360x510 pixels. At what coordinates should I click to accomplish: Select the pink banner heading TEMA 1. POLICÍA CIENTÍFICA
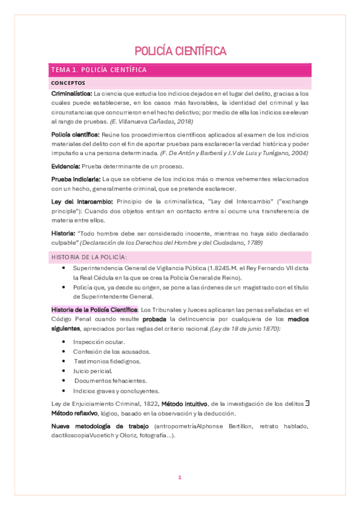99,70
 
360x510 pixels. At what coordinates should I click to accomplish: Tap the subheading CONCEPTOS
69,83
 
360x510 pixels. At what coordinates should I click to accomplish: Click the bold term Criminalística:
72,94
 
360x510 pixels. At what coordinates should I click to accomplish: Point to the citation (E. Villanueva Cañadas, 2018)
151,122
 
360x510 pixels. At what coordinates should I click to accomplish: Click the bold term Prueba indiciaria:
76,179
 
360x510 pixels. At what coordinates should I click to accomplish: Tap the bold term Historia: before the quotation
63,233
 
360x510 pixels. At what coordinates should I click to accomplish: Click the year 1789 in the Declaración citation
235,242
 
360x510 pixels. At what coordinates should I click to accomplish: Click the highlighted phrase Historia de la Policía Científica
94,309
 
